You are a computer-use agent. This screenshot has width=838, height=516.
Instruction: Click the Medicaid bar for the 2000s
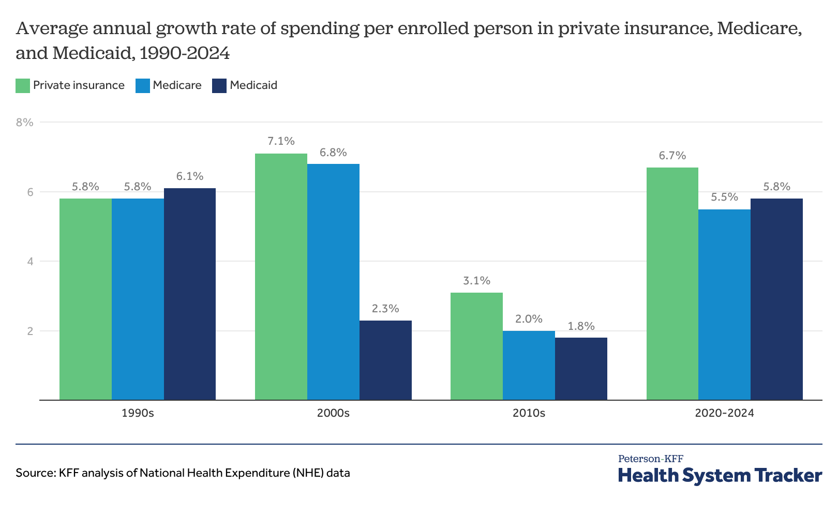[385, 360]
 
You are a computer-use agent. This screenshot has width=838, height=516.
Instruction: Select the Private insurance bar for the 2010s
[476, 346]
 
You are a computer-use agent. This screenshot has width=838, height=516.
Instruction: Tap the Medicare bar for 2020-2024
[724, 305]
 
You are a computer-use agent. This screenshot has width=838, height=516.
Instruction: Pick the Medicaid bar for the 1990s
[190, 294]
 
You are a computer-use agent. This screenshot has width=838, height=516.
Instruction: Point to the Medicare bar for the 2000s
[333, 282]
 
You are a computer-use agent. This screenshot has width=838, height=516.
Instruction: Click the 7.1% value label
[281, 141]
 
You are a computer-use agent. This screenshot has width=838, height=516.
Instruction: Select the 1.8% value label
[581, 326]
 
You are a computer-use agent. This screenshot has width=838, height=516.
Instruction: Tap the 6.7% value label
[672, 156]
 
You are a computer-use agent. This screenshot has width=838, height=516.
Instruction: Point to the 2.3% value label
[385, 309]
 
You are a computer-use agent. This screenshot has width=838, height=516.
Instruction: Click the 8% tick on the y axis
[25, 123]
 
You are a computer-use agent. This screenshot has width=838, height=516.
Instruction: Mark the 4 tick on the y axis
[31, 262]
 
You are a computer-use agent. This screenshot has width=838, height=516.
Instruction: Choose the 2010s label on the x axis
[529, 414]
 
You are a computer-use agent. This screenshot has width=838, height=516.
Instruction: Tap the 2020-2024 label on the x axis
[724, 414]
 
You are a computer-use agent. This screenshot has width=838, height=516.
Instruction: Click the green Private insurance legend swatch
[23, 86]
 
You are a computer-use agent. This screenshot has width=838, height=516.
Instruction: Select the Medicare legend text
[177, 85]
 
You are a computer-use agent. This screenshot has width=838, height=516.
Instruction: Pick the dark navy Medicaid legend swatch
[219, 86]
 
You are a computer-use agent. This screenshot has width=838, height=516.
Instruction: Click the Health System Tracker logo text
[720, 475]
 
